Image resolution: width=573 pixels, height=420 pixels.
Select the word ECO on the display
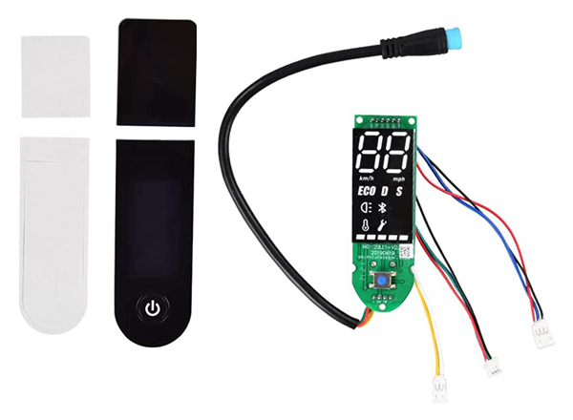coord(368,190)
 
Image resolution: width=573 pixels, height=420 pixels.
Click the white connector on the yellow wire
coord(440,387)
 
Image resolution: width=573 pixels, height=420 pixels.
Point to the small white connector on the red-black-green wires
coord(493,363)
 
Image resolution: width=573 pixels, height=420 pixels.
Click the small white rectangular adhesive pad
coord(55,76)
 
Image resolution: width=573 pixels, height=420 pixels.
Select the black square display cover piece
coord(158,73)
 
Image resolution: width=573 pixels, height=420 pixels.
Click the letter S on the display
coord(400,190)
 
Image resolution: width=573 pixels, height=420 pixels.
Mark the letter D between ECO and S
coord(386,190)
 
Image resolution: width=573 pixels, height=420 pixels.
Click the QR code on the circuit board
coord(405,253)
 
